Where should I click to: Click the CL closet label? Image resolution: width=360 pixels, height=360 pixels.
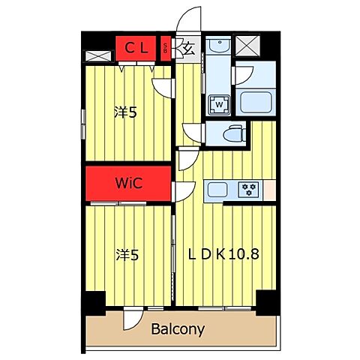(x=136, y=48)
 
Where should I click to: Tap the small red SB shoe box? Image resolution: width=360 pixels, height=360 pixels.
(x=166, y=49)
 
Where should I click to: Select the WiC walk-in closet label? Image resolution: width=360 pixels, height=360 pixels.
(x=129, y=183)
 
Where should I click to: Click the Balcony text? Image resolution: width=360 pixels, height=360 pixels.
(x=178, y=329)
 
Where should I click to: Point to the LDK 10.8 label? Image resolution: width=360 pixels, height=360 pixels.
(x=223, y=254)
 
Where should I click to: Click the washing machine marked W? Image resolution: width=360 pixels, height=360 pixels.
(x=219, y=105)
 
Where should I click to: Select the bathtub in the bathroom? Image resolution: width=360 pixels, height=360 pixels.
(x=256, y=102)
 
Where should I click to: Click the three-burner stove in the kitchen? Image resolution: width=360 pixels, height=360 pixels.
(x=249, y=190)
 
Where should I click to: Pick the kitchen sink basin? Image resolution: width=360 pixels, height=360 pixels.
(x=217, y=190)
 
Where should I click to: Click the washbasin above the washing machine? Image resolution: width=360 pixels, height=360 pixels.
(x=220, y=46)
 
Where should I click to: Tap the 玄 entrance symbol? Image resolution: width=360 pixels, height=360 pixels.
(x=189, y=49)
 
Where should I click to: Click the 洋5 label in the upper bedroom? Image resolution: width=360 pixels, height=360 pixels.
(x=125, y=112)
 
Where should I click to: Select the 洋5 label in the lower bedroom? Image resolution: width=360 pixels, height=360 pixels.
(x=127, y=255)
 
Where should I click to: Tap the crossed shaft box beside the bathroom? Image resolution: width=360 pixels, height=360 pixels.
(x=247, y=46)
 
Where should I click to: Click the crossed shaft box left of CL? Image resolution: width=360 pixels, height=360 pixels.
(x=98, y=56)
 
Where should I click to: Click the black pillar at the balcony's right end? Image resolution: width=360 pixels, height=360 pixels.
(x=266, y=302)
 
